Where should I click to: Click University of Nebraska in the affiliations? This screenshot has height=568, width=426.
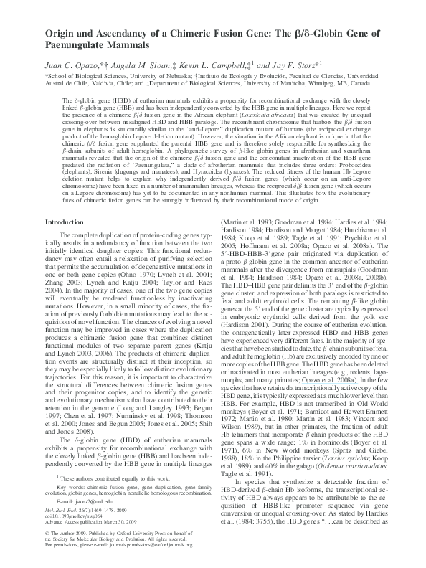coord(147,75)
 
